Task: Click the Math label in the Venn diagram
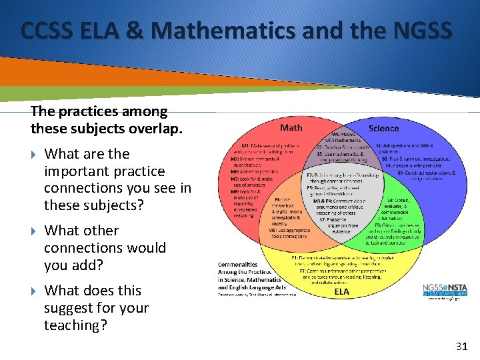291,127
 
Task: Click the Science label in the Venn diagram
383,128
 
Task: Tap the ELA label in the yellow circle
342,291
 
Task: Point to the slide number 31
461,346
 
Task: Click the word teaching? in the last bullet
76,325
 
